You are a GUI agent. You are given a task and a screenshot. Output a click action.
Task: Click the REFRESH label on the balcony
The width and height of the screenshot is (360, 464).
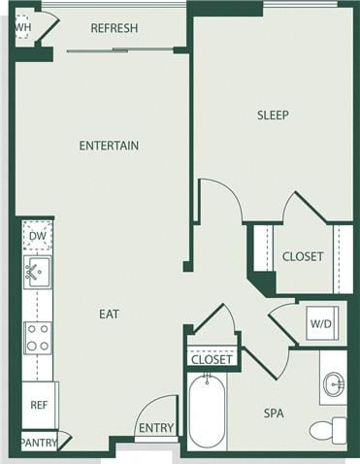click(x=114, y=28)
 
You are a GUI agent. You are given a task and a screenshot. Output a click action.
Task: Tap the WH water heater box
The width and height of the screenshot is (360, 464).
click(x=22, y=27)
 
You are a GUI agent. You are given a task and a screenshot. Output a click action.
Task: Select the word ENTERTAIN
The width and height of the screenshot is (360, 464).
click(x=109, y=146)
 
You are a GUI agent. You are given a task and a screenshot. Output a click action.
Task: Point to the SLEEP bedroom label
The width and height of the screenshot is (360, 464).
click(x=273, y=116)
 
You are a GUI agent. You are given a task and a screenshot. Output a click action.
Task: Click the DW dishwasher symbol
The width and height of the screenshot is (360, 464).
click(x=38, y=236)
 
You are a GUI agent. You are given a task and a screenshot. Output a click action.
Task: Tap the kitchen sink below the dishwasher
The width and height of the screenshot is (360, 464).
click(x=37, y=272)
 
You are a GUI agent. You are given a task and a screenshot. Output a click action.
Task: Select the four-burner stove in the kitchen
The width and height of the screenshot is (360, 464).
click(x=38, y=337)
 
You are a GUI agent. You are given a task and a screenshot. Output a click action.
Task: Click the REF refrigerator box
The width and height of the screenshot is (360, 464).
click(x=39, y=405)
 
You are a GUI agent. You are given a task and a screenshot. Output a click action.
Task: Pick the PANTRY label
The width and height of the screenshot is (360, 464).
click(x=39, y=443)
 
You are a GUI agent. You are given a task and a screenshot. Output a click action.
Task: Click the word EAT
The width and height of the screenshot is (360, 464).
click(x=109, y=315)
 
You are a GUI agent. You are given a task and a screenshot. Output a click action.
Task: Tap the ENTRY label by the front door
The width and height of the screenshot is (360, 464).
click(x=156, y=428)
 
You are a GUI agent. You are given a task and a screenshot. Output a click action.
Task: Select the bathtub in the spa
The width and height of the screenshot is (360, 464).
click(x=207, y=412)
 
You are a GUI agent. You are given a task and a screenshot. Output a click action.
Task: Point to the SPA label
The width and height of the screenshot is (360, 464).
click(x=274, y=414)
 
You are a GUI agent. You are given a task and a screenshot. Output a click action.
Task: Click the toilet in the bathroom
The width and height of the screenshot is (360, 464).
click(x=328, y=429)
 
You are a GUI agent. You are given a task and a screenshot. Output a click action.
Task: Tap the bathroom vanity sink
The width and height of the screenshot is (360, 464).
click(x=333, y=385)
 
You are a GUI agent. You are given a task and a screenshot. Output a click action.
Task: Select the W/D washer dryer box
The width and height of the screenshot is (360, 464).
click(x=321, y=322)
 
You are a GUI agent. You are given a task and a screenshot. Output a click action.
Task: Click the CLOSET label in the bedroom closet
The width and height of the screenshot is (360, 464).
click(x=302, y=257)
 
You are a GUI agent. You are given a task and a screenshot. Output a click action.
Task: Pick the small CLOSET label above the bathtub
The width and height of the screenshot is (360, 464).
click(x=212, y=359)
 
